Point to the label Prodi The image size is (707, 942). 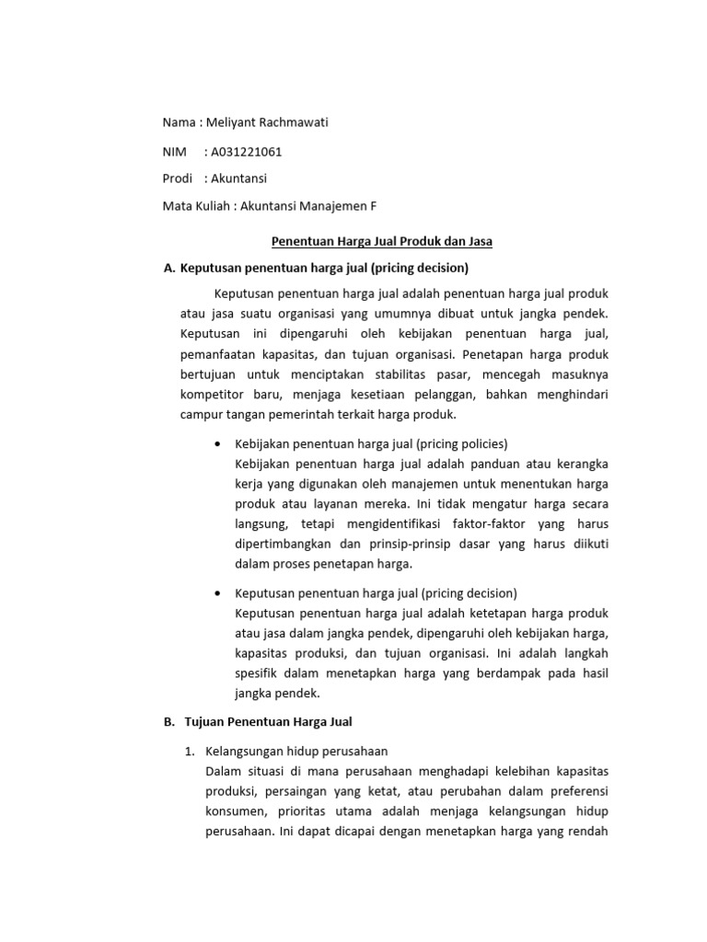pyautogui.click(x=178, y=179)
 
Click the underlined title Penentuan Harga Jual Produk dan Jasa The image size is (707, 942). pyautogui.click(x=382, y=242)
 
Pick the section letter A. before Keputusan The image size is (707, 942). pyautogui.click(x=168, y=269)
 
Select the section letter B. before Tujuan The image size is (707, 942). pyautogui.click(x=168, y=722)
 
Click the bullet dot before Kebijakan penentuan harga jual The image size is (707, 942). pyautogui.click(x=216, y=443)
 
